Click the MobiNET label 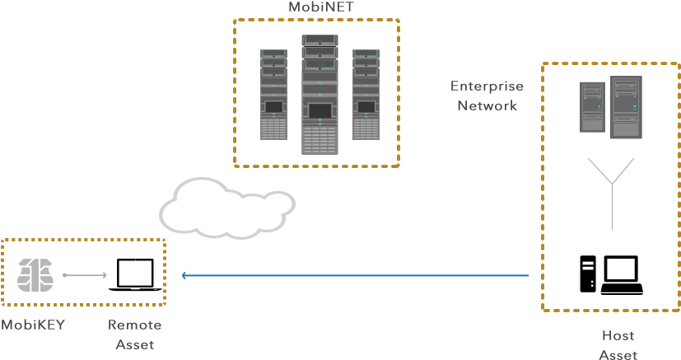pyautogui.click(x=321, y=7)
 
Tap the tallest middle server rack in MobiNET pyautogui.click(x=320, y=95)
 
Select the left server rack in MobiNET pyautogui.click(x=273, y=95)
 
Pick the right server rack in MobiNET pyautogui.click(x=366, y=95)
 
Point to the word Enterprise pyautogui.click(x=487, y=86)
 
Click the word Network pyautogui.click(x=487, y=105)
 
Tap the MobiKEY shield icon pyautogui.click(x=35, y=275)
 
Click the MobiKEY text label pyautogui.click(x=33, y=325)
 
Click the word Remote pyautogui.click(x=135, y=325)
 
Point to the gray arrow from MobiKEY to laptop pyautogui.click(x=85, y=275)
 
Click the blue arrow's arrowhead pyautogui.click(x=184, y=275)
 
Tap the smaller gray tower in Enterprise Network pyautogui.click(x=592, y=107)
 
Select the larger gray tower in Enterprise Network pyautogui.click(x=626, y=107)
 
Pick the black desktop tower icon pyautogui.click(x=588, y=274)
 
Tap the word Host pyautogui.click(x=618, y=335)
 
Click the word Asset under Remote pyautogui.click(x=135, y=345)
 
